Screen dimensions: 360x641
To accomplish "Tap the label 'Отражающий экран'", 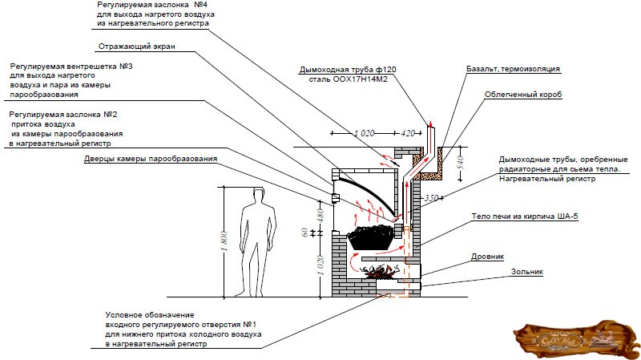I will [136, 47].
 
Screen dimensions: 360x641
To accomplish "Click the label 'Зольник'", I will [526, 273].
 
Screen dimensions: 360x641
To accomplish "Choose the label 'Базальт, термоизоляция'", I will [513, 70].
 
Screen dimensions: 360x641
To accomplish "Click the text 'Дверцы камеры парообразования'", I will [151, 159].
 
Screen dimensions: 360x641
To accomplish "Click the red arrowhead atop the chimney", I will [429, 121].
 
